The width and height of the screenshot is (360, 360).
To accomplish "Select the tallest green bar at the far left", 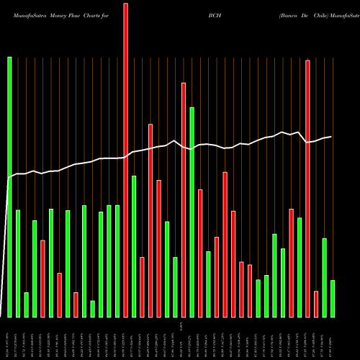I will pyautogui.click(x=9, y=187).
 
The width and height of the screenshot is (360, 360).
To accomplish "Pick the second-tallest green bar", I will pyautogui.click(x=192, y=212).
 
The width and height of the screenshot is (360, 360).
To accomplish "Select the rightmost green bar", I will pyautogui.click(x=333, y=299).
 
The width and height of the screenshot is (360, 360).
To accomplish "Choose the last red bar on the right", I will pyautogui.click(x=316, y=304).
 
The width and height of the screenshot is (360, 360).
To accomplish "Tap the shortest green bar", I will pyautogui.click(x=92, y=309).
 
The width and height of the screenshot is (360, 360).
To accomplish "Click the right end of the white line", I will pyautogui.click(x=331, y=136).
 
